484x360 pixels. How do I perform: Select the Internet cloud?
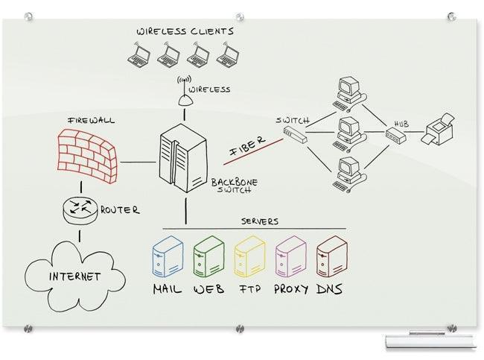pyautogui.click(x=74, y=276)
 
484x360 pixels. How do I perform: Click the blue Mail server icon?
pyautogui.click(x=168, y=258)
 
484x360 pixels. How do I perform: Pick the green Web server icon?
pyautogui.click(x=208, y=258)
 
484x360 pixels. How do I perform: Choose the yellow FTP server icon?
pyautogui.click(x=249, y=258)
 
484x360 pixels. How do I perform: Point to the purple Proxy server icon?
pyautogui.click(x=290, y=258)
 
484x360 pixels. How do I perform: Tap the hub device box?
pyautogui.click(x=394, y=135)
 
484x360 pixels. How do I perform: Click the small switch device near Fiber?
pyautogui.click(x=295, y=134)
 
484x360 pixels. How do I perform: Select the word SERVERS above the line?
pyautogui.click(x=260, y=221)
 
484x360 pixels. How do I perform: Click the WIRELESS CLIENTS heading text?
pyautogui.click(x=185, y=31)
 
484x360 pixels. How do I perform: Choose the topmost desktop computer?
pyautogui.click(x=348, y=90)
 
